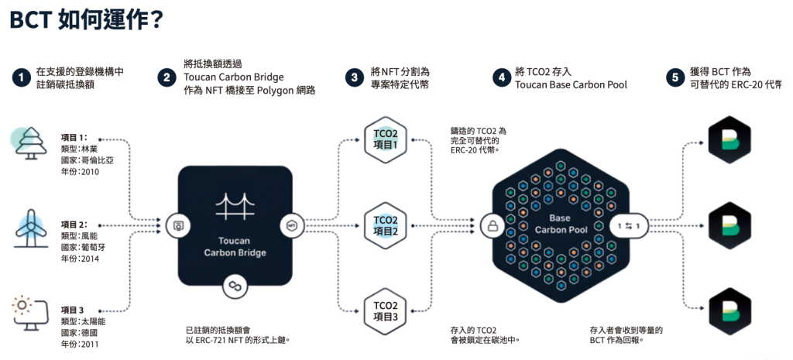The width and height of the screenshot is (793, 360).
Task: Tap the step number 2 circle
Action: pos(166,77)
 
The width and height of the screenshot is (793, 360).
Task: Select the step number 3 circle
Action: pos(354,77)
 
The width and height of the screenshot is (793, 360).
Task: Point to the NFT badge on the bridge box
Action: pos(292,225)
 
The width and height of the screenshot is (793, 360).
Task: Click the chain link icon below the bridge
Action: pos(235,286)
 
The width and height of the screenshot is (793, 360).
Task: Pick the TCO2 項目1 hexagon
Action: pos(385,140)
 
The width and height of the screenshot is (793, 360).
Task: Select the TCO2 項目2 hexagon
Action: pos(385,225)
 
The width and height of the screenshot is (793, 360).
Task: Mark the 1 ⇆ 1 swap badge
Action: pos(629,226)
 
